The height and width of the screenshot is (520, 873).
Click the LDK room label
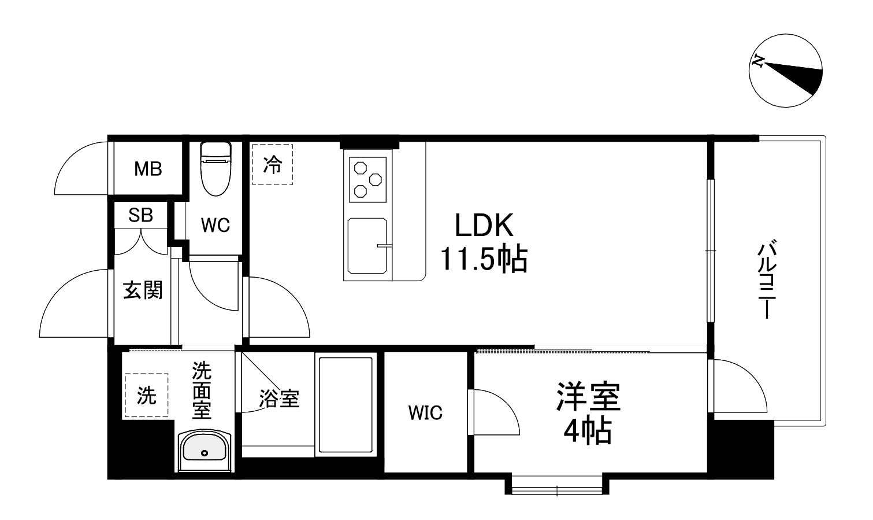point(484,225)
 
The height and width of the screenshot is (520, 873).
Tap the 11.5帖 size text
point(484,259)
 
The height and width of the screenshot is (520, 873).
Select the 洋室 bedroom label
point(588,397)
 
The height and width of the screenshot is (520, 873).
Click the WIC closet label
point(425,413)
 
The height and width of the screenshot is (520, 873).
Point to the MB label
point(148,169)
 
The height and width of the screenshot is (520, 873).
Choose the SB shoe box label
point(140,215)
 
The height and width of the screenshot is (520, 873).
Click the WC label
point(216,225)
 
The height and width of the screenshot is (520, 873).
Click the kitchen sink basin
point(367,245)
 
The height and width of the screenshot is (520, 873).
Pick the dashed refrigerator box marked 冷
point(272,165)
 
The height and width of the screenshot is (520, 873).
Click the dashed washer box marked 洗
point(146,395)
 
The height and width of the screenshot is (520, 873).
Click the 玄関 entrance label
point(143,290)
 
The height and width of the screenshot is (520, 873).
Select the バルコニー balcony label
point(767,281)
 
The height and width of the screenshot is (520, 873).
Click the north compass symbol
point(785,71)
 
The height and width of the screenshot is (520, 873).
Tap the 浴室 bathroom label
point(279,399)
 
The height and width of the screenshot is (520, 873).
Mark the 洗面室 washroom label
point(202,390)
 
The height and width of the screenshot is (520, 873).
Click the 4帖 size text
point(588,431)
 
